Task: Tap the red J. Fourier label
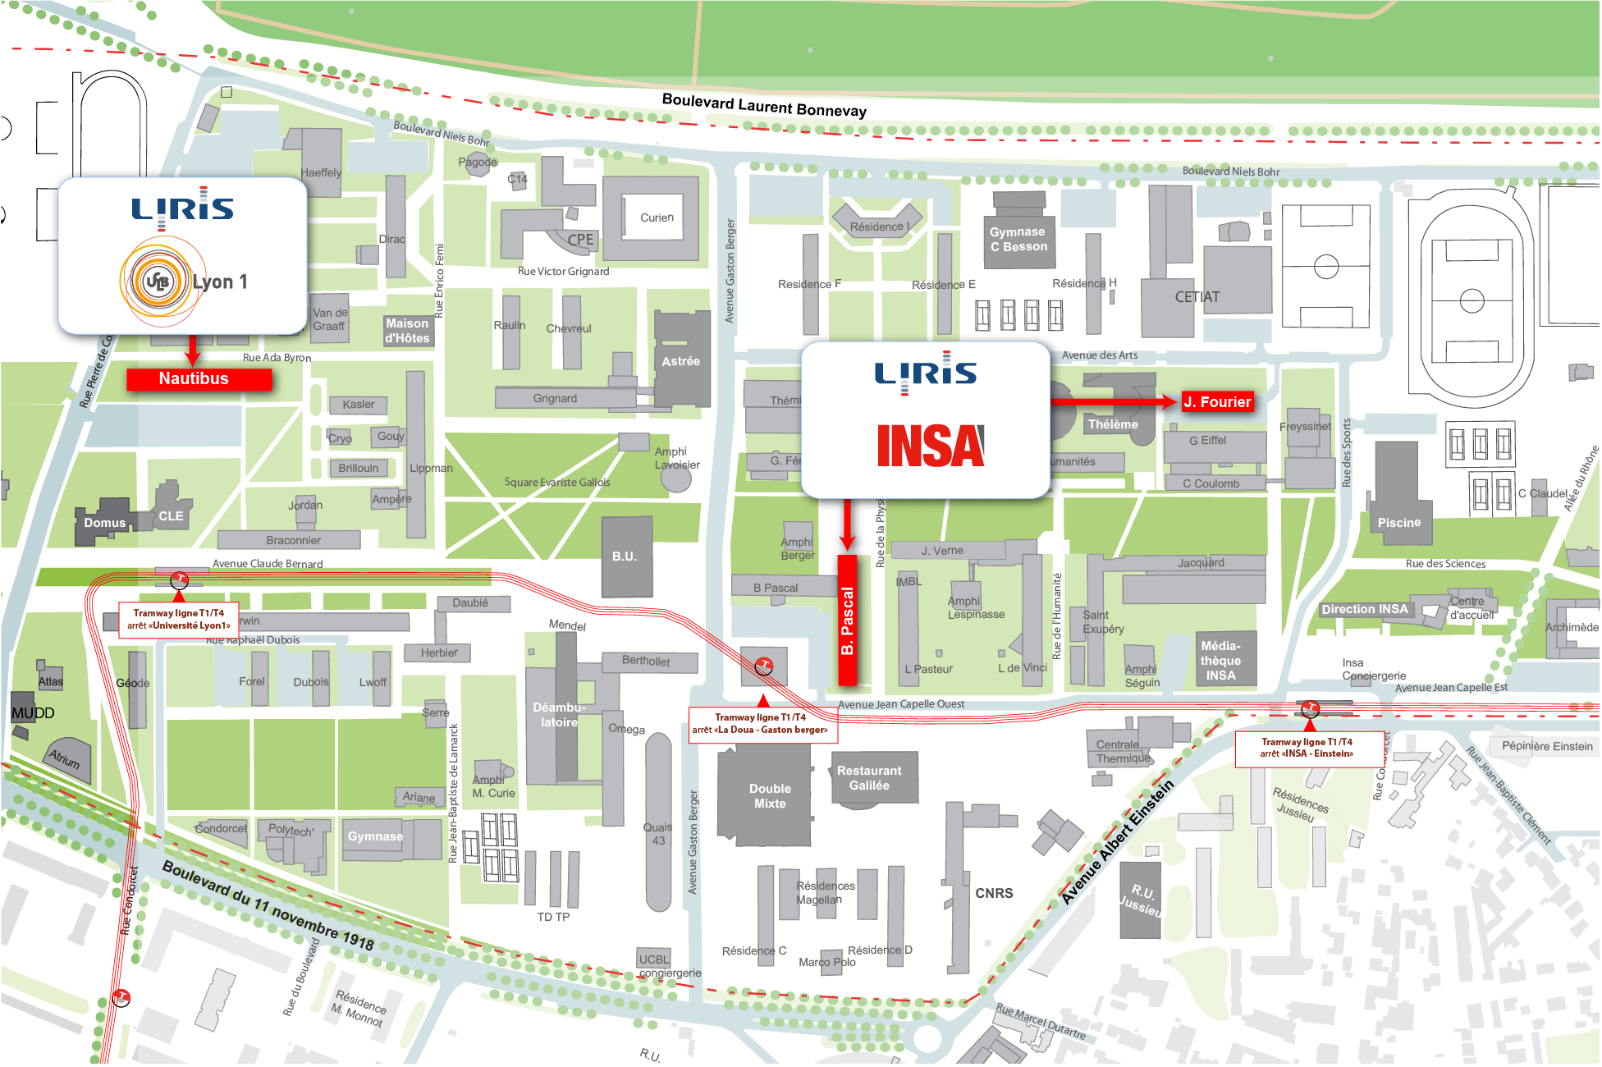click(x=1216, y=402)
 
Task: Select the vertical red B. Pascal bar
click(x=847, y=621)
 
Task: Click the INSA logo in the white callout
click(x=930, y=446)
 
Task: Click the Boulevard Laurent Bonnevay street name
click(x=763, y=105)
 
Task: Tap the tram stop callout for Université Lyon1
click(x=179, y=619)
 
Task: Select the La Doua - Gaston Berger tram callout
click(x=760, y=723)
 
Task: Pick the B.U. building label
click(x=625, y=556)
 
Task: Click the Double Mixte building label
click(x=769, y=796)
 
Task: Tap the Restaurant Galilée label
click(x=869, y=778)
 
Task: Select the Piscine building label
click(x=1398, y=523)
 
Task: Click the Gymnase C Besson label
click(x=1018, y=240)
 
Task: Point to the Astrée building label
click(x=681, y=361)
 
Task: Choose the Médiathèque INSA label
click(x=1220, y=661)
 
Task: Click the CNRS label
click(x=994, y=893)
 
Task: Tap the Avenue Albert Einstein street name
click(x=1117, y=844)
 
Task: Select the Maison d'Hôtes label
click(x=407, y=331)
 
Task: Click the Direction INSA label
click(x=1364, y=609)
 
